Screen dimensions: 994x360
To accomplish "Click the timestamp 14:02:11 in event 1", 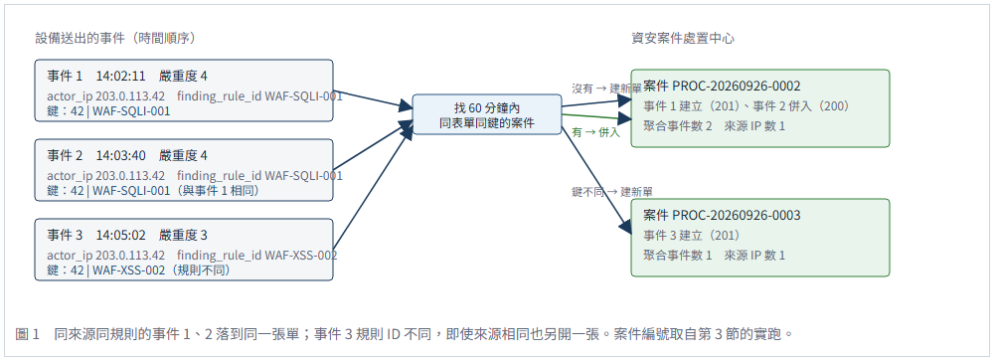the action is point(121,77).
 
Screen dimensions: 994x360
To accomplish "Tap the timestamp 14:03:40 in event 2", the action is point(121,156).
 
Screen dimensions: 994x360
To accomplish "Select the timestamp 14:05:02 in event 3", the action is point(121,236).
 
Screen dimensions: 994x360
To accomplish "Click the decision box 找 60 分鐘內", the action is point(487,114).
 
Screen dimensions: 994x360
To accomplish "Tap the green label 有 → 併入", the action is point(595,132).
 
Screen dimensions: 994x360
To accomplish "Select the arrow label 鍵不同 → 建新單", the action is point(612,191).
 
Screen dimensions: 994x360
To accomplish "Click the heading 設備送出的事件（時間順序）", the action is point(114,38).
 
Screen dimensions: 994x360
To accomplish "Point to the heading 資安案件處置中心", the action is point(683,38).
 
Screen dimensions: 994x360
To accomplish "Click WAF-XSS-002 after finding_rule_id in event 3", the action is point(300,256).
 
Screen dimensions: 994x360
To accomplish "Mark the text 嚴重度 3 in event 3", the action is point(184,236).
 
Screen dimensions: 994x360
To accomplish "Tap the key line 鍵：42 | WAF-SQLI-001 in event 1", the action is point(109,111).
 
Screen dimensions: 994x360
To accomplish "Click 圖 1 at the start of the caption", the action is point(27,333).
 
